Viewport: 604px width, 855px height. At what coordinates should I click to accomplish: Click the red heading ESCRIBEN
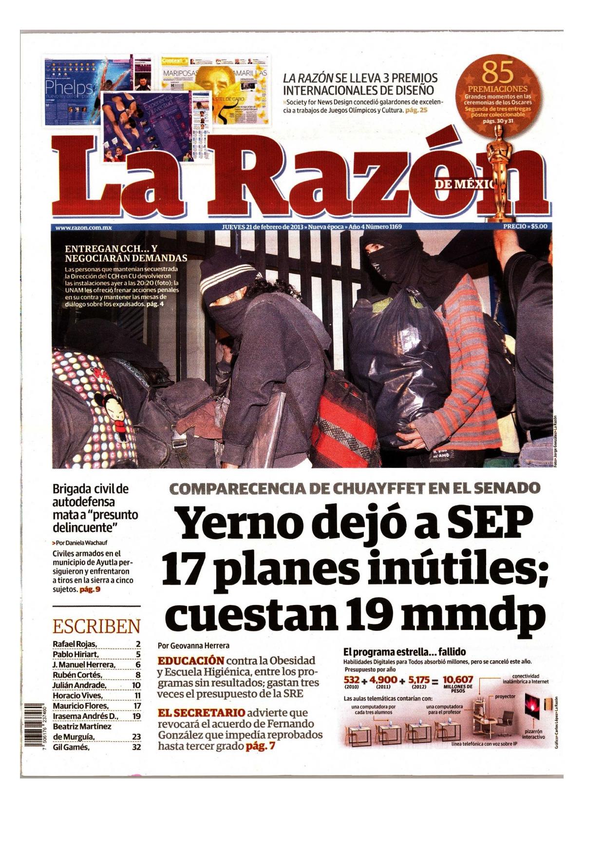[x=96, y=626]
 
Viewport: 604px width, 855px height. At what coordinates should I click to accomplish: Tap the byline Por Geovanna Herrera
[x=194, y=645]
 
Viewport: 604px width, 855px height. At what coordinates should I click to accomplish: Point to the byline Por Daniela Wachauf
[x=79, y=542]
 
